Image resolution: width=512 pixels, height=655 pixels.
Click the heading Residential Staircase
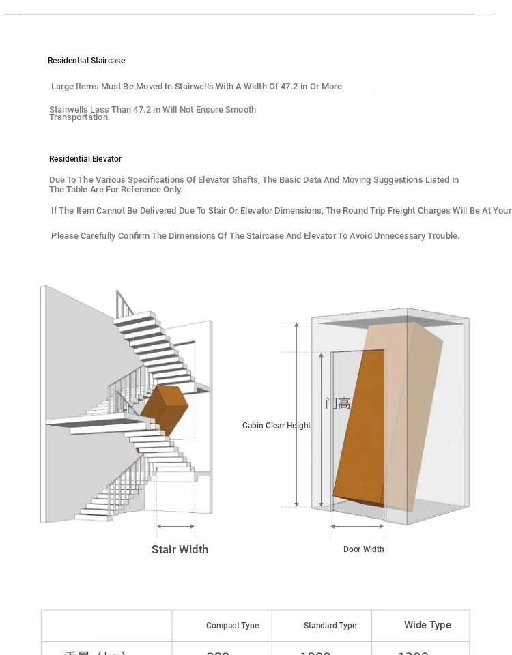pos(86,61)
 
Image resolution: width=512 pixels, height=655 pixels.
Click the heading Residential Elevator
pos(85,159)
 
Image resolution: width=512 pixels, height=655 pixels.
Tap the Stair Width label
pos(180,549)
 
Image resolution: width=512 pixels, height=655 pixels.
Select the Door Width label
pos(363,549)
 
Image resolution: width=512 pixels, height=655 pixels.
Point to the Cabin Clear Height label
pos(276,426)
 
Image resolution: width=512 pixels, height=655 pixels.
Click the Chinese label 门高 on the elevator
pos(337,404)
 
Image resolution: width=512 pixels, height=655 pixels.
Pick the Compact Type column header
pos(232,626)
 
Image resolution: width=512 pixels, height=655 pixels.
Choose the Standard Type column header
pos(330,626)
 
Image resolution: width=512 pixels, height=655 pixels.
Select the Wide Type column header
pos(427,625)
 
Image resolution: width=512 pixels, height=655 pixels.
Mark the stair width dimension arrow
pos(175,526)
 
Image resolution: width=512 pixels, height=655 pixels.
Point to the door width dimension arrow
pos(357,526)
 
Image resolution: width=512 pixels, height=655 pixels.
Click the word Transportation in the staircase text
pos(79,117)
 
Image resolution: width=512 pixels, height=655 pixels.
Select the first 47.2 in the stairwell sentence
pos(290,87)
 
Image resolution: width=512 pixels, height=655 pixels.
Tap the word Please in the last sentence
pos(65,236)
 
